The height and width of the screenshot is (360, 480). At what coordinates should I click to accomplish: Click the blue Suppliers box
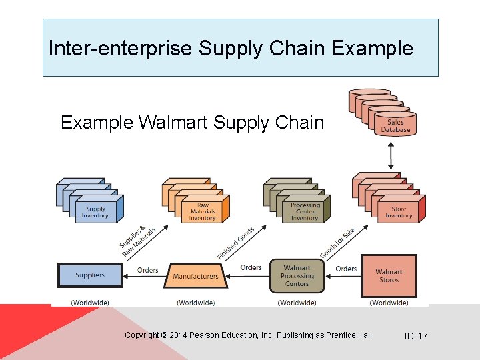tap(90, 275)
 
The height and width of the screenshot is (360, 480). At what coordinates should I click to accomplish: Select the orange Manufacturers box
tap(195, 276)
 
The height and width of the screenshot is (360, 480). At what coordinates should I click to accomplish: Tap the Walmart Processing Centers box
tap(297, 275)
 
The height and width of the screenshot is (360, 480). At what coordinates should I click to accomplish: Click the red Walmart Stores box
tap(388, 275)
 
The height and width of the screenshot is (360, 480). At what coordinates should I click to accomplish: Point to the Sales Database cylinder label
tap(396, 126)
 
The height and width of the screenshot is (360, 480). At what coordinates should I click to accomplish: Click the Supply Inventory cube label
tap(95, 211)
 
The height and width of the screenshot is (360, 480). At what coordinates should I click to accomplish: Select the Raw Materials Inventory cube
tap(203, 211)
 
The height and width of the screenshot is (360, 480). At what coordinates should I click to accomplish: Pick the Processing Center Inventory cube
tap(305, 211)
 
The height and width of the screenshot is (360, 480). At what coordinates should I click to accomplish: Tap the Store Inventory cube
tap(399, 211)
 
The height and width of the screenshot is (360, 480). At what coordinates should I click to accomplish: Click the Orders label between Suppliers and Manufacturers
tap(147, 270)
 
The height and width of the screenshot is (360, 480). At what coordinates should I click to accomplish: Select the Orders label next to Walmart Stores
tap(346, 269)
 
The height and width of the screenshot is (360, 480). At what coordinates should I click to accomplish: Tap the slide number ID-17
tap(416, 336)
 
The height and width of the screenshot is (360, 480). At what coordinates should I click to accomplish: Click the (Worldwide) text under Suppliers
tap(90, 303)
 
